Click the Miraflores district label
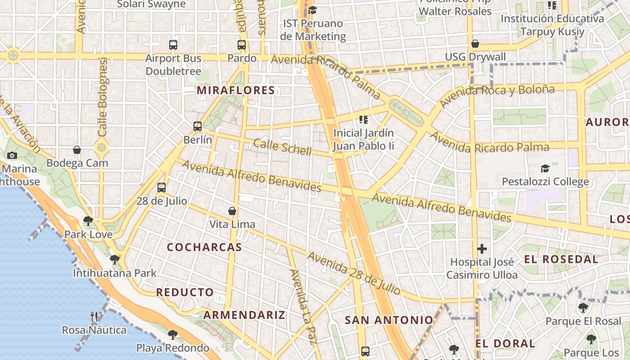point(236,90)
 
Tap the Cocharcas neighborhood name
point(204,247)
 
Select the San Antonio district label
point(389,320)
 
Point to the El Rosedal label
point(561,259)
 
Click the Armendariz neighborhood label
point(244,315)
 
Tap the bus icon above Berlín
point(198,126)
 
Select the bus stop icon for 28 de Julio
point(162,188)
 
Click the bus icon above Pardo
point(242,45)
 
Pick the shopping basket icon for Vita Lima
point(232,211)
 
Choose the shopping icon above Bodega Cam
point(77,149)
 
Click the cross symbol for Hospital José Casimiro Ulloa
point(482,248)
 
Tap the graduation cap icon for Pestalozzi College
point(545,168)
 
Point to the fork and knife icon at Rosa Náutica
point(94,317)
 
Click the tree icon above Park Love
point(88,221)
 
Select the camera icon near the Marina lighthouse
point(12,155)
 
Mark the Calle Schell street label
point(282,147)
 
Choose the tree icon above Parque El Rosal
point(583,308)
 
